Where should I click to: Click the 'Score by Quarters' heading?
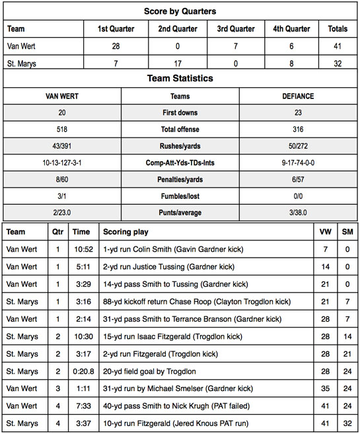coord(180,11)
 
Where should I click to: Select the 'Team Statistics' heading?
coord(180,78)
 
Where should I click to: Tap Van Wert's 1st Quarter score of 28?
coord(116,46)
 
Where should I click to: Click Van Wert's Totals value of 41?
coord(337,46)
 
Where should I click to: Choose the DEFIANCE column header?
coord(297,96)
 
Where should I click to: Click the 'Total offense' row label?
coord(180,129)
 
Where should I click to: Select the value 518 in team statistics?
coord(63,129)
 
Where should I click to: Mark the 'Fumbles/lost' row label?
coord(180,197)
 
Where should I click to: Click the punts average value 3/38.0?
coord(297,213)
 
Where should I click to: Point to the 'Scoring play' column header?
coord(126,232)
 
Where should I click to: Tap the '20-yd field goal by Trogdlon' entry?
coord(152,370)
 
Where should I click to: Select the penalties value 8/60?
coord(63,180)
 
